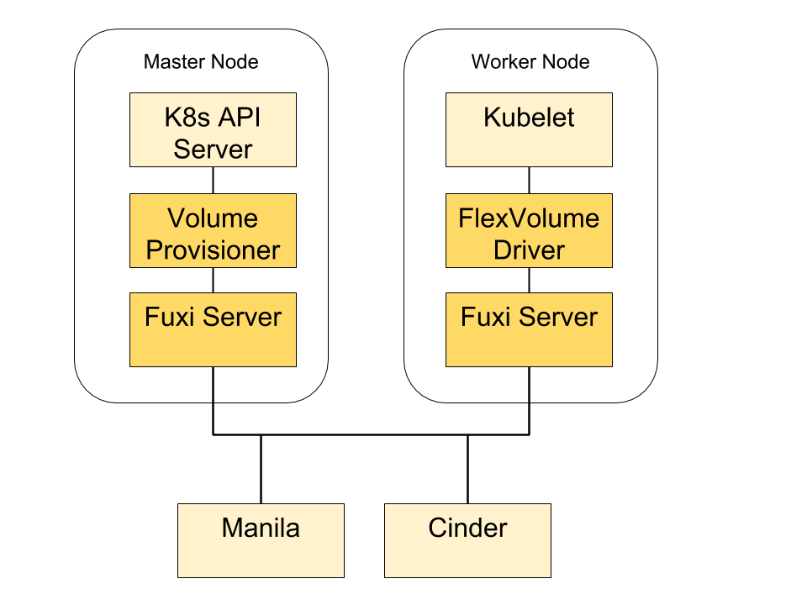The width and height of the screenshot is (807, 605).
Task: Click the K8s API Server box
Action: coord(213,130)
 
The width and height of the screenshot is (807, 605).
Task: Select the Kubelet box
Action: coord(529,130)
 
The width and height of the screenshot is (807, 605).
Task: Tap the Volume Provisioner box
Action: coord(213,231)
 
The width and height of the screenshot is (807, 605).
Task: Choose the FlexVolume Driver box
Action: coord(529,231)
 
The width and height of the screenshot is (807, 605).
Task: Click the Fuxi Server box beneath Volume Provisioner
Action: coord(213,330)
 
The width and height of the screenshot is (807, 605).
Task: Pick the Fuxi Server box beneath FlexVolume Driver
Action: coord(529,330)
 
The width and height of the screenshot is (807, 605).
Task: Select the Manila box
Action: coord(261,540)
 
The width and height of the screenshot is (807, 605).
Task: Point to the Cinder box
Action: coord(467,540)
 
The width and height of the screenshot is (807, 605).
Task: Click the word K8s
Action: coord(187,118)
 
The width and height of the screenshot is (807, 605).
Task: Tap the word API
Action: coord(240,118)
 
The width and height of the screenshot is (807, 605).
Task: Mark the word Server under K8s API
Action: coord(213,150)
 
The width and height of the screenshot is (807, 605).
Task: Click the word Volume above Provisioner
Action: coord(213,218)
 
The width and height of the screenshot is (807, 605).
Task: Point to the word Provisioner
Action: coord(213,250)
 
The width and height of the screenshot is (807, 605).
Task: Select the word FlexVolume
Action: coord(529,218)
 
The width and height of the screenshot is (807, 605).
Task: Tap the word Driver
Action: coord(529,250)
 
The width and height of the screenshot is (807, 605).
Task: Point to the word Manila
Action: coord(261,528)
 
